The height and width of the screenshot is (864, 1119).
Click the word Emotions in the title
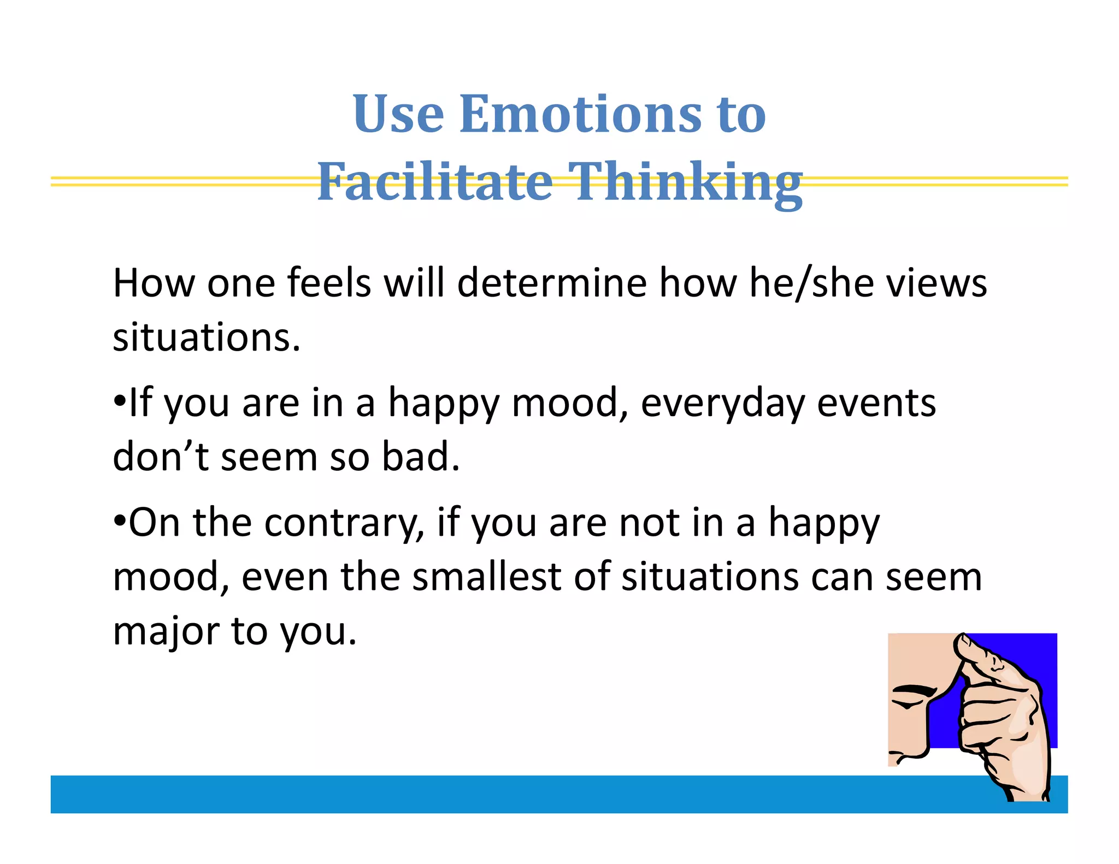580,114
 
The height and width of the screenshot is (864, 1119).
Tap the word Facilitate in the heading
435,182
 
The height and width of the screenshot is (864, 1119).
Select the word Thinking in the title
685,183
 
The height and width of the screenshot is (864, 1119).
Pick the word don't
160,456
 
